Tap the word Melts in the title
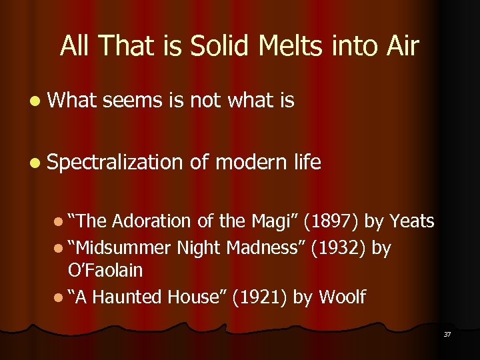(x=281, y=46)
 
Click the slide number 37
(x=447, y=334)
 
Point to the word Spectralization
(x=115, y=162)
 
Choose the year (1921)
(x=256, y=297)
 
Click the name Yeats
(x=411, y=221)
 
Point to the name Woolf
(x=342, y=297)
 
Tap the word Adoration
(x=150, y=221)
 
